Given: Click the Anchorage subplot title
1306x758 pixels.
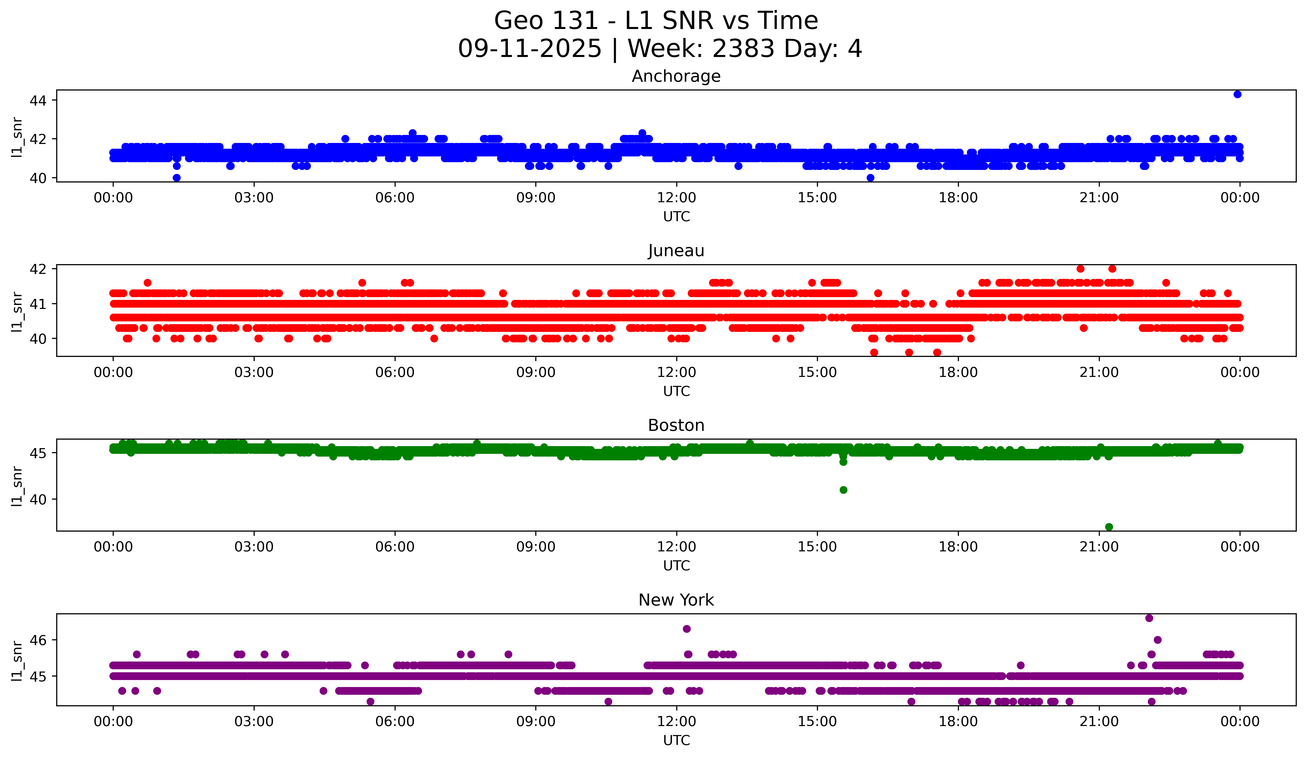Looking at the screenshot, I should [676, 76].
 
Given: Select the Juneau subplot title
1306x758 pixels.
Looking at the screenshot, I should [676, 251].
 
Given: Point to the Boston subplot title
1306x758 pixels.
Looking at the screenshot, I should [676, 425].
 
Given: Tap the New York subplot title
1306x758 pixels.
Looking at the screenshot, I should [676, 600].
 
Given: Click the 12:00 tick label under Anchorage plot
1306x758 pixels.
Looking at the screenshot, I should [676, 198].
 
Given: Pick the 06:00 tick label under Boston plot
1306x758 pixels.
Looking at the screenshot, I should [395, 547].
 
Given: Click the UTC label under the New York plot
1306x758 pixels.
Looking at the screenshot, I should [676, 741].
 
